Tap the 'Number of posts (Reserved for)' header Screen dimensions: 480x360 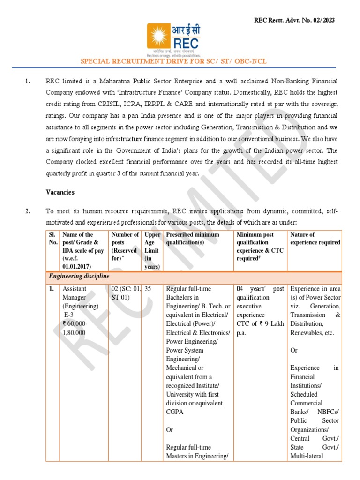(x=125, y=246)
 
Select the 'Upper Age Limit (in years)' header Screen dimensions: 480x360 (x=152, y=250)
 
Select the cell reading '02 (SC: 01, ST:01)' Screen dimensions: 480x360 (x=125, y=293)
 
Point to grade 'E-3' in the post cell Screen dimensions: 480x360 (x=68, y=315)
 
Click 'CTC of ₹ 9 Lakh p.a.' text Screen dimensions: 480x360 (x=259, y=328)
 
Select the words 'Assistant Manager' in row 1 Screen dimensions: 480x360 (x=78, y=293)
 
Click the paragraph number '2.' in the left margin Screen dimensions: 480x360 (x=28, y=211)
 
